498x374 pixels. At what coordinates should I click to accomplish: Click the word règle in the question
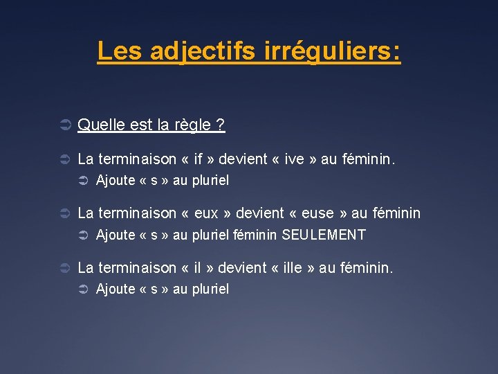coord(192,125)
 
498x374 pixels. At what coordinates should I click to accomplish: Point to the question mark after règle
coord(220,125)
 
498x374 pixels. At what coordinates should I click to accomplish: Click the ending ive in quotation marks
coord(294,159)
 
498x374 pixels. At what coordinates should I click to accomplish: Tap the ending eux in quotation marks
coord(207,213)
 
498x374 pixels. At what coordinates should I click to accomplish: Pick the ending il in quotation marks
coord(199,267)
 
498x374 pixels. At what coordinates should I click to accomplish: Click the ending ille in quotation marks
coord(291,267)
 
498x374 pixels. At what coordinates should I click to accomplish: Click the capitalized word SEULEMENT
coord(324,235)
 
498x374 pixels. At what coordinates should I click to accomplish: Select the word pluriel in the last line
coord(210,289)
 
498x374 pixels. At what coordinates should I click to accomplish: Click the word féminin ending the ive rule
coord(368,159)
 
